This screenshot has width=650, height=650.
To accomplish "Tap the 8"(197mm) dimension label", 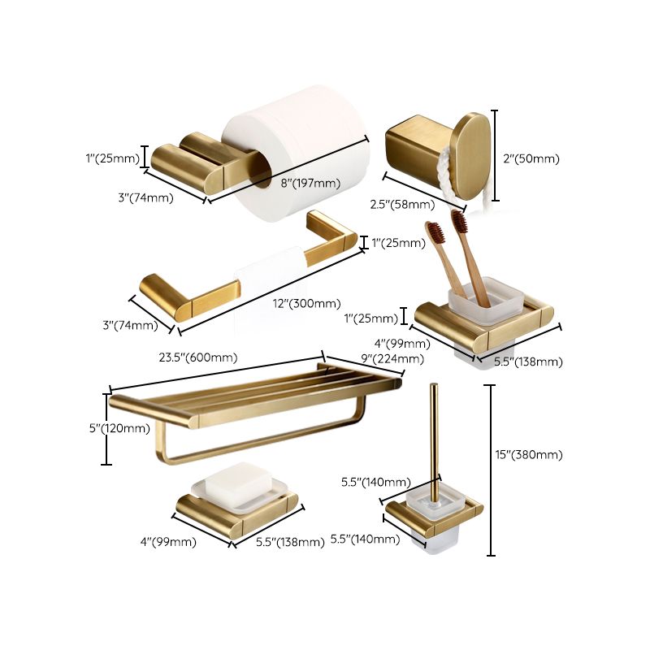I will (310, 183).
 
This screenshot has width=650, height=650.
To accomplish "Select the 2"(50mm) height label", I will (531, 159).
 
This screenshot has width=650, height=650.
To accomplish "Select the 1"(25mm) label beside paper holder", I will (112, 158).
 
